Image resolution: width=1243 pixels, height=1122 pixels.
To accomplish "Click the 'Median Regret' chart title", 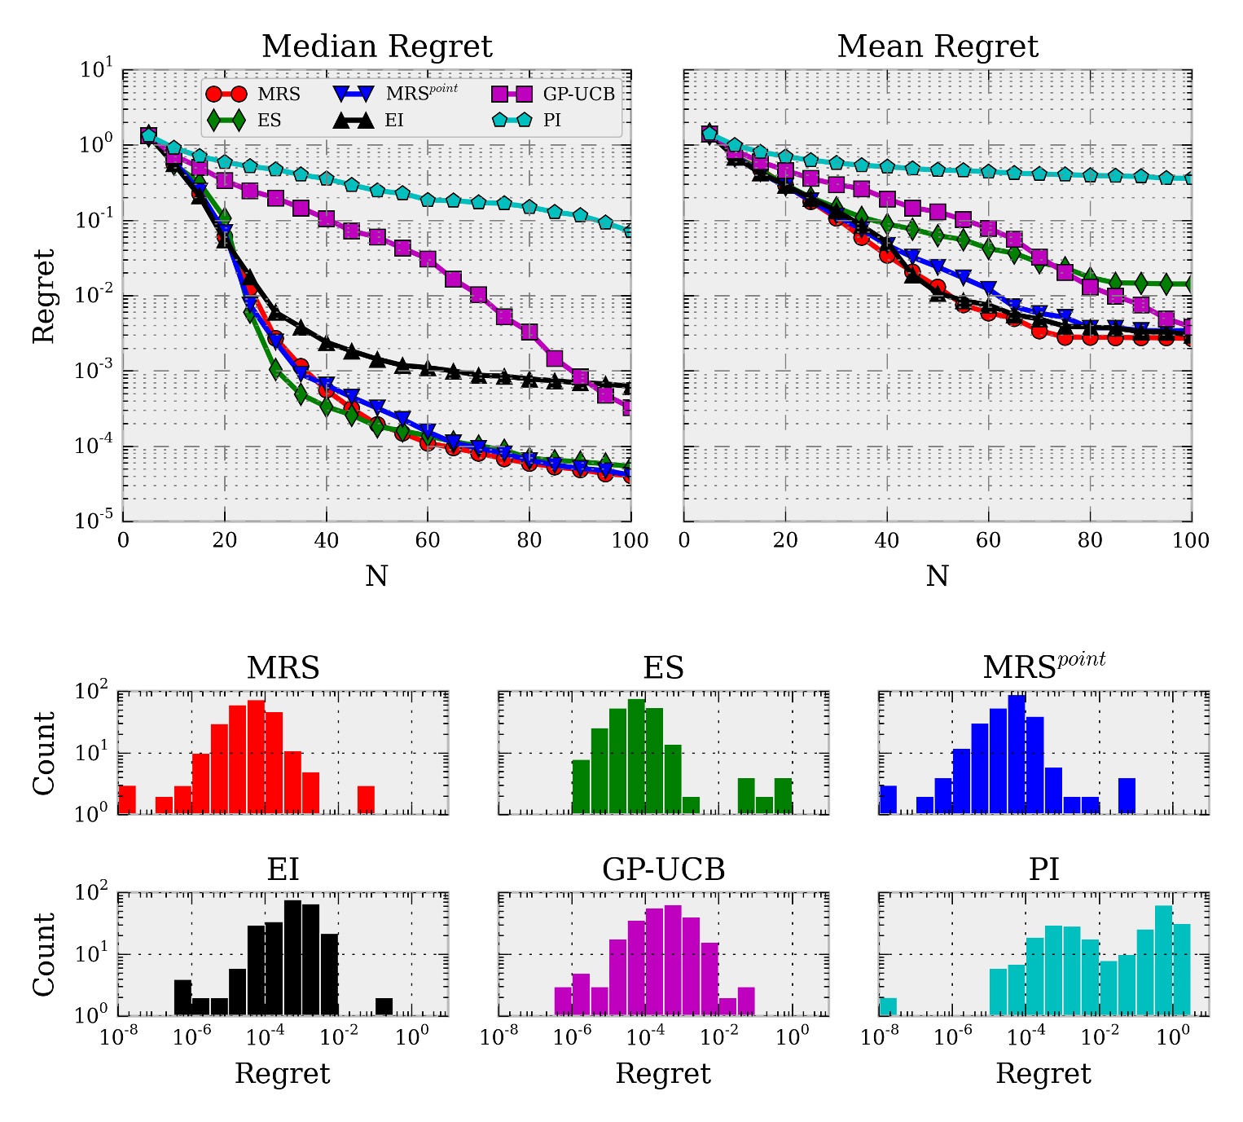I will [376, 46].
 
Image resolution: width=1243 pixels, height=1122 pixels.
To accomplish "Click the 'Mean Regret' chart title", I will [938, 46].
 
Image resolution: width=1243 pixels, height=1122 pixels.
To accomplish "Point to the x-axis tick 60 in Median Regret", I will [428, 541].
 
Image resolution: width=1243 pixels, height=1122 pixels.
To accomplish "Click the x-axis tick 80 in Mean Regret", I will [1090, 541].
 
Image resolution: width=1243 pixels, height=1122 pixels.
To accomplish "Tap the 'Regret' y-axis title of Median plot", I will [44, 296].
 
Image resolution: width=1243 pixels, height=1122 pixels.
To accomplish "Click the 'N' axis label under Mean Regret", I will [938, 577].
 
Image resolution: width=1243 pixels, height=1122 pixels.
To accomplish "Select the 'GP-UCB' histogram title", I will [663, 870].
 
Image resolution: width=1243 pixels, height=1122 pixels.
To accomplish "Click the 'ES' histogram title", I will [663, 668].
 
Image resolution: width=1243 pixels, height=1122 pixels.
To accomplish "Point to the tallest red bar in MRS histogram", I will [256, 757].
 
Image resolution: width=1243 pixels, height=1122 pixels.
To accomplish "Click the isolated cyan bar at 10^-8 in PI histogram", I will [888, 1006].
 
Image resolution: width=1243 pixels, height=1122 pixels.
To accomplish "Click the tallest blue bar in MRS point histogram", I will [1017, 755].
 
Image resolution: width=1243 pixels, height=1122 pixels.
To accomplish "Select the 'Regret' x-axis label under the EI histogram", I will [283, 1074].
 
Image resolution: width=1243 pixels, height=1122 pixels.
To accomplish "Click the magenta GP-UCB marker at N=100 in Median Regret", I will [629, 407].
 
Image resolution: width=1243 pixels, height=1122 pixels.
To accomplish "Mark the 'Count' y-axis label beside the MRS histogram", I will [44, 753].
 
